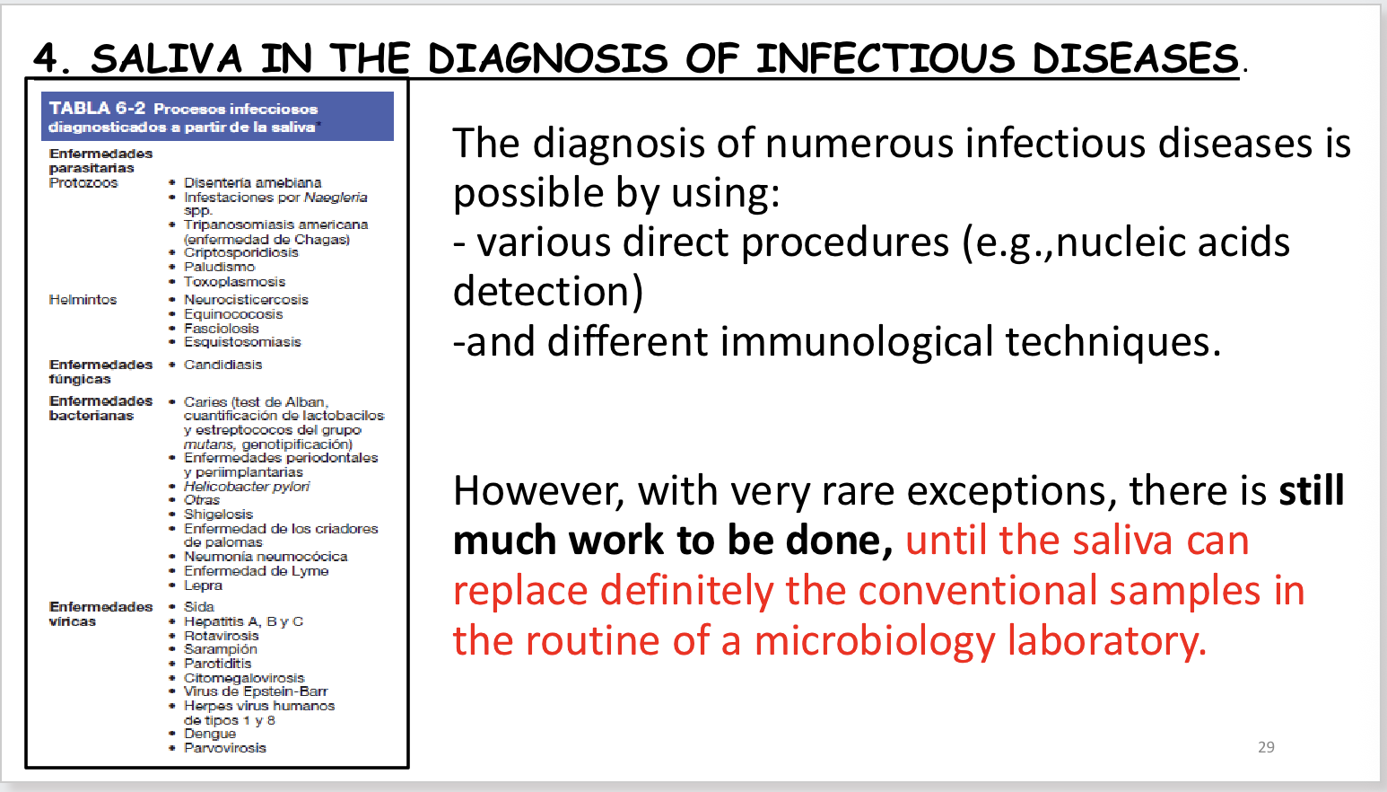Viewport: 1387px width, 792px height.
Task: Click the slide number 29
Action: click(x=1266, y=747)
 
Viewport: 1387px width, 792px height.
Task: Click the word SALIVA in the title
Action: click(x=167, y=59)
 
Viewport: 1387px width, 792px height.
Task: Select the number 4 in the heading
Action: click(x=46, y=59)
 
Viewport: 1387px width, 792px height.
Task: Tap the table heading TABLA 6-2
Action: click(x=97, y=109)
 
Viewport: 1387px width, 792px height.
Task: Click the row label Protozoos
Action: click(x=83, y=182)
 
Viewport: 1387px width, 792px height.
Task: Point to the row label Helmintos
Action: click(x=83, y=300)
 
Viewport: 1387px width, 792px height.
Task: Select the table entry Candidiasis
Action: click(x=222, y=365)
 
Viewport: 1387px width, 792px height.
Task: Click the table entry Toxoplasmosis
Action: click(x=234, y=281)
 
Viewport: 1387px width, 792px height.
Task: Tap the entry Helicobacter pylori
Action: click(x=247, y=486)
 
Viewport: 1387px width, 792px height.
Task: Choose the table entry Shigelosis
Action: click(x=218, y=514)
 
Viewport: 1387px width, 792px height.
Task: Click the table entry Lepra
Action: click(x=203, y=585)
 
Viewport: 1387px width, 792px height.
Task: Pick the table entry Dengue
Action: click(x=210, y=734)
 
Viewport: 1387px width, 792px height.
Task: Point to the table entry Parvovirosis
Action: click(x=224, y=747)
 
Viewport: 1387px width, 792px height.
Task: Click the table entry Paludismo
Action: click(x=219, y=267)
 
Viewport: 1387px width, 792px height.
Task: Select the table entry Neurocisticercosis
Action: click(x=246, y=300)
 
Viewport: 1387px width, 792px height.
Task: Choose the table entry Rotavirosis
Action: click(x=221, y=635)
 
